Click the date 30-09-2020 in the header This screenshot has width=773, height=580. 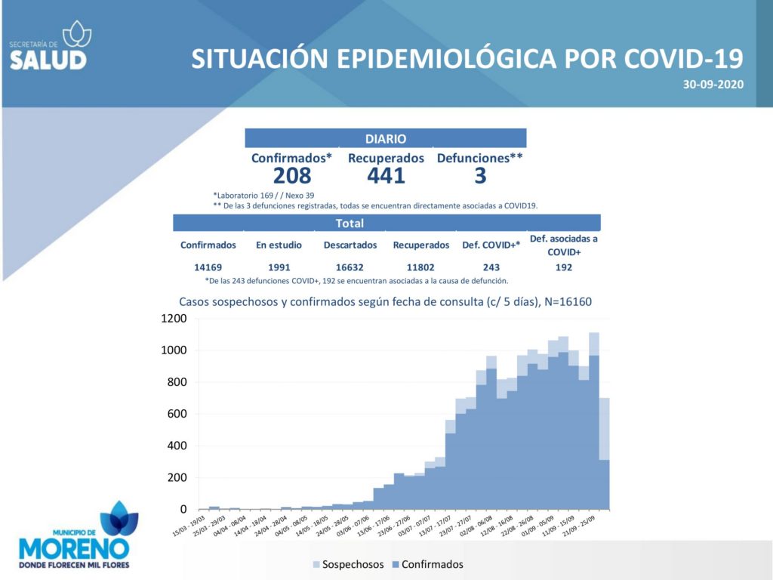(713, 84)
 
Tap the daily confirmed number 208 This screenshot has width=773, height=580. (291, 176)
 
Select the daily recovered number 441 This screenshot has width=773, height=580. (386, 176)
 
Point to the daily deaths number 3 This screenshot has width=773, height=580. (480, 176)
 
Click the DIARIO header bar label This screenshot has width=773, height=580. (385, 139)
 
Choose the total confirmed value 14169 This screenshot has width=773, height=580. (208, 267)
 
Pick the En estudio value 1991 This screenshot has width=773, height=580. (279, 267)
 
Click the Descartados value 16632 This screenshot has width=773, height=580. (350, 267)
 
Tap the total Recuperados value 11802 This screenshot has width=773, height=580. (421, 267)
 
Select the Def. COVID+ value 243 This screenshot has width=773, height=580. (491, 267)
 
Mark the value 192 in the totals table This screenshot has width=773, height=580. (564, 267)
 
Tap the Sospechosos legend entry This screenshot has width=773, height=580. (348, 564)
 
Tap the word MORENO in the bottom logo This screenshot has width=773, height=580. (73, 548)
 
